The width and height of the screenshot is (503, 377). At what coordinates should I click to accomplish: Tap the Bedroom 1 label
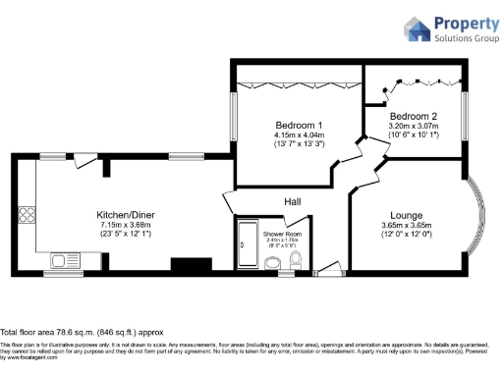tap(299, 125)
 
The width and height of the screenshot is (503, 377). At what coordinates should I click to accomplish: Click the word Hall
tap(293, 202)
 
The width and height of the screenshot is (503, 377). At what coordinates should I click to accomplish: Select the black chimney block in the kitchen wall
tap(185, 262)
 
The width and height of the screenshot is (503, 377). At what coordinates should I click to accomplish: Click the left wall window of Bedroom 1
tap(234, 116)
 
